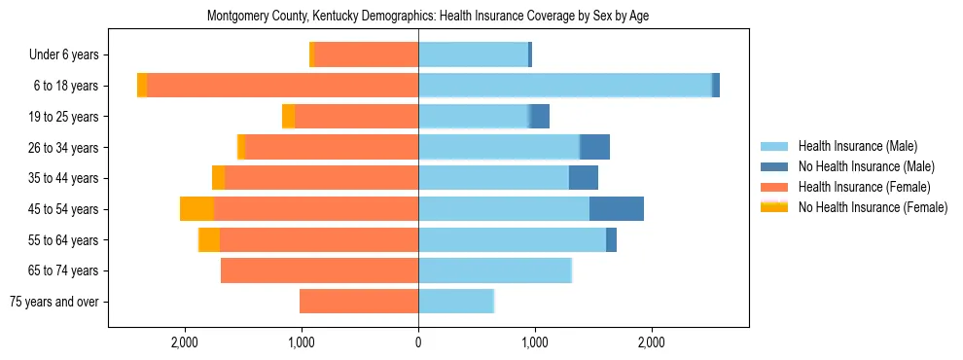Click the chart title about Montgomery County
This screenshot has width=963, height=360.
coord(428,17)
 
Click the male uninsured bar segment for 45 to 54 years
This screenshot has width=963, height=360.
coord(617,209)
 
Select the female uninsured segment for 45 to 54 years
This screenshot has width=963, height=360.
coord(196,209)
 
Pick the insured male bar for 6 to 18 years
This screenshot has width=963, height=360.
coord(564,86)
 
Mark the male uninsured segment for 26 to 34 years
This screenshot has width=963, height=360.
coord(594,147)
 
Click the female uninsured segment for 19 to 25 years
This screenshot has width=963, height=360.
coord(288,117)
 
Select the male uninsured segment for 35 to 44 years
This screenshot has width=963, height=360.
coord(584,178)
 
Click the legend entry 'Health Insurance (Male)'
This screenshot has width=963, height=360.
coord(857,146)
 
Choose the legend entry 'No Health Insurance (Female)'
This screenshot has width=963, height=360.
coord(873,207)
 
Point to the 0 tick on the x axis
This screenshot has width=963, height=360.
coord(418,342)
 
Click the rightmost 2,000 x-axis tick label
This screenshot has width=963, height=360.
coord(652,342)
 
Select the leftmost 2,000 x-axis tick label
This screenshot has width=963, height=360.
coord(185,342)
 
